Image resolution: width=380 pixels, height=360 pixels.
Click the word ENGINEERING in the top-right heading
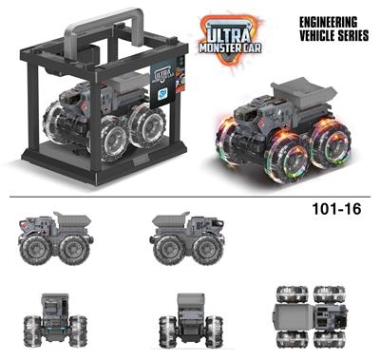click(x=329, y=20)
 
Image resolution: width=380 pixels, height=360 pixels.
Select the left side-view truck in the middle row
click(x=57, y=238)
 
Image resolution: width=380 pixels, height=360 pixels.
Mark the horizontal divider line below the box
click(x=190, y=198)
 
